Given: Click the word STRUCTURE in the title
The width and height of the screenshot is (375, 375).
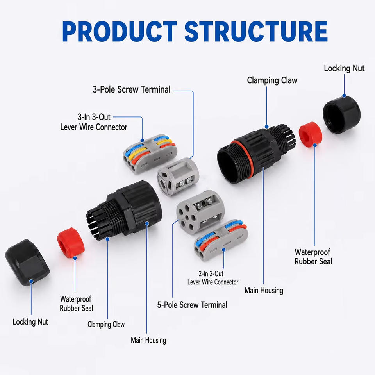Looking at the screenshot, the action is [x=256, y=31].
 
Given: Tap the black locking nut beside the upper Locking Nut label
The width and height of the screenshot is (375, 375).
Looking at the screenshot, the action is [x=341, y=114].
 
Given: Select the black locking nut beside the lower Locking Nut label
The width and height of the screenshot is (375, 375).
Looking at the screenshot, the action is [x=27, y=262].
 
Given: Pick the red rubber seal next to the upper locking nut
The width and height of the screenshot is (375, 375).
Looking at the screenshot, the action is [x=311, y=134].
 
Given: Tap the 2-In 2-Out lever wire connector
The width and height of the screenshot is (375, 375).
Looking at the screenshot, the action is [x=221, y=240].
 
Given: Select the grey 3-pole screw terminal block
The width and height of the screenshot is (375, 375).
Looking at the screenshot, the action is [x=178, y=175].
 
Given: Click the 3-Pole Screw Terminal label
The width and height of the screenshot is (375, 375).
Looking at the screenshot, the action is [x=132, y=90].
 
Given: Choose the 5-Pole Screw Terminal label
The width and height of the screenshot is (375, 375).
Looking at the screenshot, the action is [x=192, y=305].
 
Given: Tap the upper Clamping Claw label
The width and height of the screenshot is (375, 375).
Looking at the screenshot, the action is [x=272, y=80].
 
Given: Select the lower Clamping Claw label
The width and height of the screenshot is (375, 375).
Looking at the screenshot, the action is [x=106, y=325].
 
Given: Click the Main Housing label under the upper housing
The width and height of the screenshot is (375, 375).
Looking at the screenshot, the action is [x=264, y=291].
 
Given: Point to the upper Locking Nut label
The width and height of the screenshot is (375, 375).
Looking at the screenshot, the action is [x=344, y=68].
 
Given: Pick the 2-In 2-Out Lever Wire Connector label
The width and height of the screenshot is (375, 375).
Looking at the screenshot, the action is [x=213, y=278].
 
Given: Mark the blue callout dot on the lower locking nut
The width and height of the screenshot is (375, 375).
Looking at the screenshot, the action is [x=31, y=281].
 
